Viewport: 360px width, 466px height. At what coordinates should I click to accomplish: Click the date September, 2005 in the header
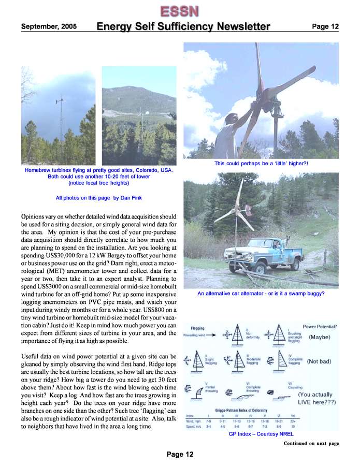click(49, 26)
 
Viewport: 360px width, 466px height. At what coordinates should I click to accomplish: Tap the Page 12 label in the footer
click(180, 454)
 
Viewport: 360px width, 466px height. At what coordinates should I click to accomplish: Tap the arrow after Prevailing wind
click(213, 335)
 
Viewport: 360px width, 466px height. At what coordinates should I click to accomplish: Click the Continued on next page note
click(311, 444)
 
